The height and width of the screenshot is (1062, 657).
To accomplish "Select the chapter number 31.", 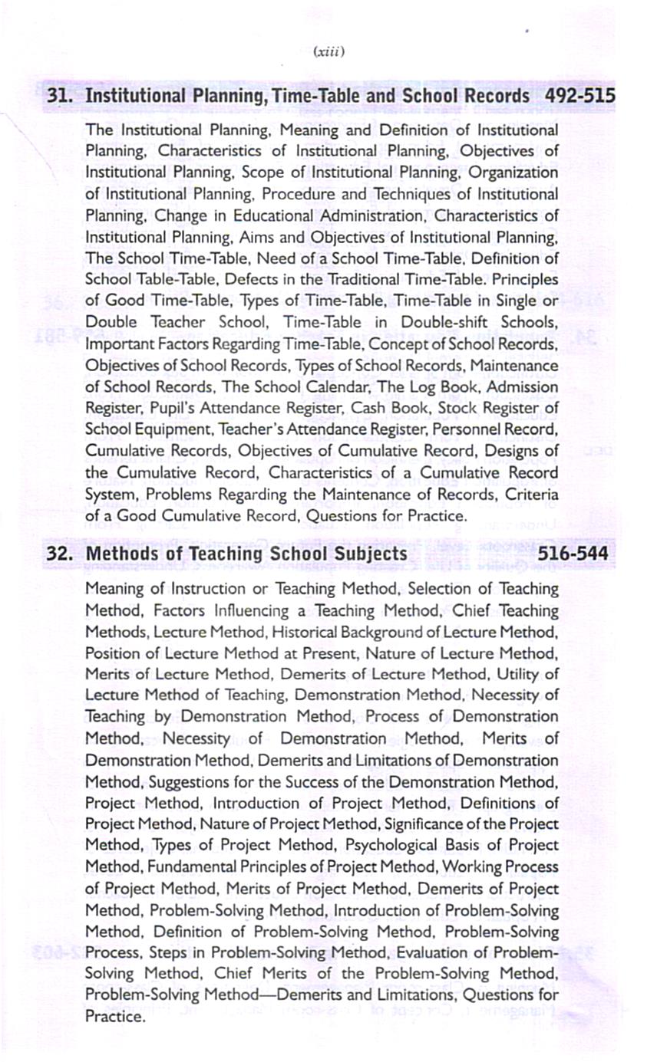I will point(61,97).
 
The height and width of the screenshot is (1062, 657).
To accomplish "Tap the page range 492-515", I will point(580,97).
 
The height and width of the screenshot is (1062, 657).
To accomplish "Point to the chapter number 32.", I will point(61,553).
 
